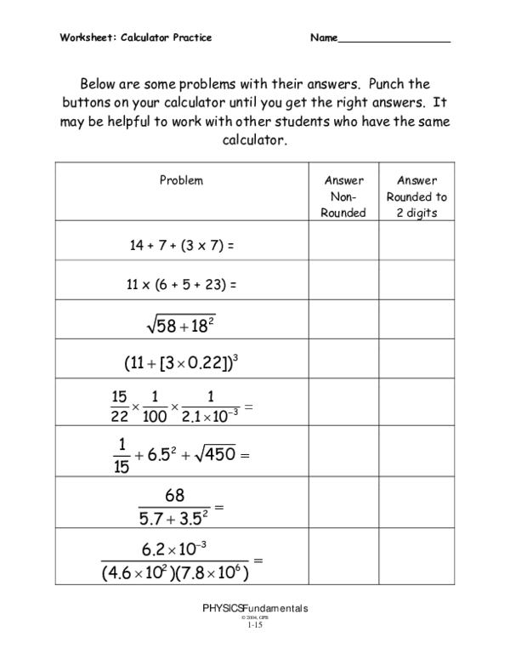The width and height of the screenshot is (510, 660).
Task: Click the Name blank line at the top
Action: tap(394, 40)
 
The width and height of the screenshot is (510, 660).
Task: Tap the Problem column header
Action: tap(181, 180)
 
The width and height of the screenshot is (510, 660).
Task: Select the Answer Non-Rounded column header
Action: tap(343, 196)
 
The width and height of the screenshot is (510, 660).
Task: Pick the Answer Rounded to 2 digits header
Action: tap(416, 196)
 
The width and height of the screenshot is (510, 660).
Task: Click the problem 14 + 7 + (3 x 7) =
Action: tap(181, 246)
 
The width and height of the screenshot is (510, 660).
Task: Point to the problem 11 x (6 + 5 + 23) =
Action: tap(181, 286)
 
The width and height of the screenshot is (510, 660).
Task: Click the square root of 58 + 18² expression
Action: tap(181, 324)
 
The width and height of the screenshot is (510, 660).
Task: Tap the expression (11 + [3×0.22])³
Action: tap(180, 362)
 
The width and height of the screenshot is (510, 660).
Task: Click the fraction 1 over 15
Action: tap(121, 454)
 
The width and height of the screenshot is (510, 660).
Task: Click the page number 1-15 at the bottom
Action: tap(255, 625)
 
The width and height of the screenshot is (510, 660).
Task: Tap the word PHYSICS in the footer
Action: tap(222, 608)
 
